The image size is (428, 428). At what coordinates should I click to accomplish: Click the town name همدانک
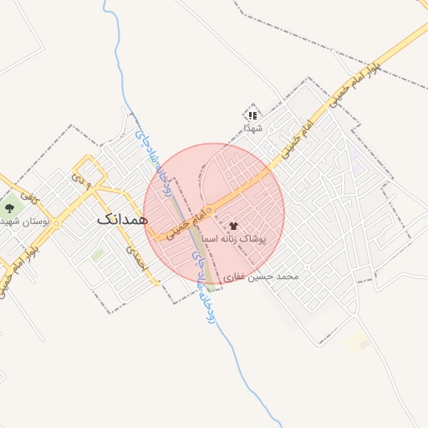click(122, 219)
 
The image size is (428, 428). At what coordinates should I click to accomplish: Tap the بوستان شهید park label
click(25, 222)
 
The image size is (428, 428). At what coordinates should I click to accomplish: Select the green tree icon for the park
click(10, 206)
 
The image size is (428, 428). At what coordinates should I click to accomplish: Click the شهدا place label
click(252, 128)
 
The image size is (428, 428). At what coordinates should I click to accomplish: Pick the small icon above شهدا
click(252, 115)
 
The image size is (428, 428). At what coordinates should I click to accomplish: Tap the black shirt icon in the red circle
click(233, 225)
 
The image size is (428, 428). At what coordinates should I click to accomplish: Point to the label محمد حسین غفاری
click(266, 275)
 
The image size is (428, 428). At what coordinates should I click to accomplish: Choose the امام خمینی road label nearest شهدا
click(298, 137)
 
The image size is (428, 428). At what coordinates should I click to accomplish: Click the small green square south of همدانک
click(99, 253)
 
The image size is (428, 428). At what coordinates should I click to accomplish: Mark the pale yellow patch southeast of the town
click(358, 343)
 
